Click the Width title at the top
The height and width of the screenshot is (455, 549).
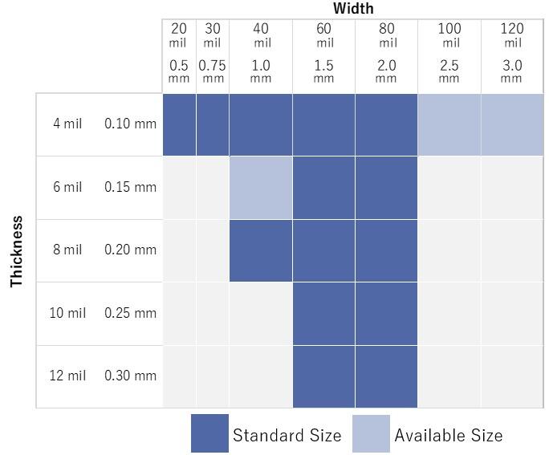[x=353, y=9]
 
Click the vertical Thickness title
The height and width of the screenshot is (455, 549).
[x=17, y=250]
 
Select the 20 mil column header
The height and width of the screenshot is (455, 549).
[x=178, y=35]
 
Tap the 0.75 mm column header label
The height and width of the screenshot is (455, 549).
[x=212, y=71]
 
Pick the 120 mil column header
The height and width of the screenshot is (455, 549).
[x=511, y=35]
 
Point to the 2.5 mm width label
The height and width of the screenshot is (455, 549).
[x=449, y=71]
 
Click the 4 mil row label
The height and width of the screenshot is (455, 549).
[x=67, y=124]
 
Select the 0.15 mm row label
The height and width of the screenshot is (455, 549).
[x=130, y=187]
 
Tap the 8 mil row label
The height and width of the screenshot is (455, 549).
[x=67, y=250]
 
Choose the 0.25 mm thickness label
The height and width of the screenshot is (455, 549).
[x=130, y=313]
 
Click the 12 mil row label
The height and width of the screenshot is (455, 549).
[x=67, y=376]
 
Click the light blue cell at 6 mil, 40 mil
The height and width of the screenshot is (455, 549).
[x=261, y=188]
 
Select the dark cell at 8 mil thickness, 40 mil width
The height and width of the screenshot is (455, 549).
[x=261, y=250]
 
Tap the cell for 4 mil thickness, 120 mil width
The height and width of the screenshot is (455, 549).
[x=512, y=124]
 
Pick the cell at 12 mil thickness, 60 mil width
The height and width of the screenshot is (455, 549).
[x=323, y=376]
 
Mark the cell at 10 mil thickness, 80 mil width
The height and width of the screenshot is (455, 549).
[x=386, y=313]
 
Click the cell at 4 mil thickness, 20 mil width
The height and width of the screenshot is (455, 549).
[x=179, y=124]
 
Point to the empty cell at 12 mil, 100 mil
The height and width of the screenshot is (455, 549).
[x=449, y=376]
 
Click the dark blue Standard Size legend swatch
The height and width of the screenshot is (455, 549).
[x=209, y=433]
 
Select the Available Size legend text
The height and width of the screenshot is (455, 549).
[x=448, y=436]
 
